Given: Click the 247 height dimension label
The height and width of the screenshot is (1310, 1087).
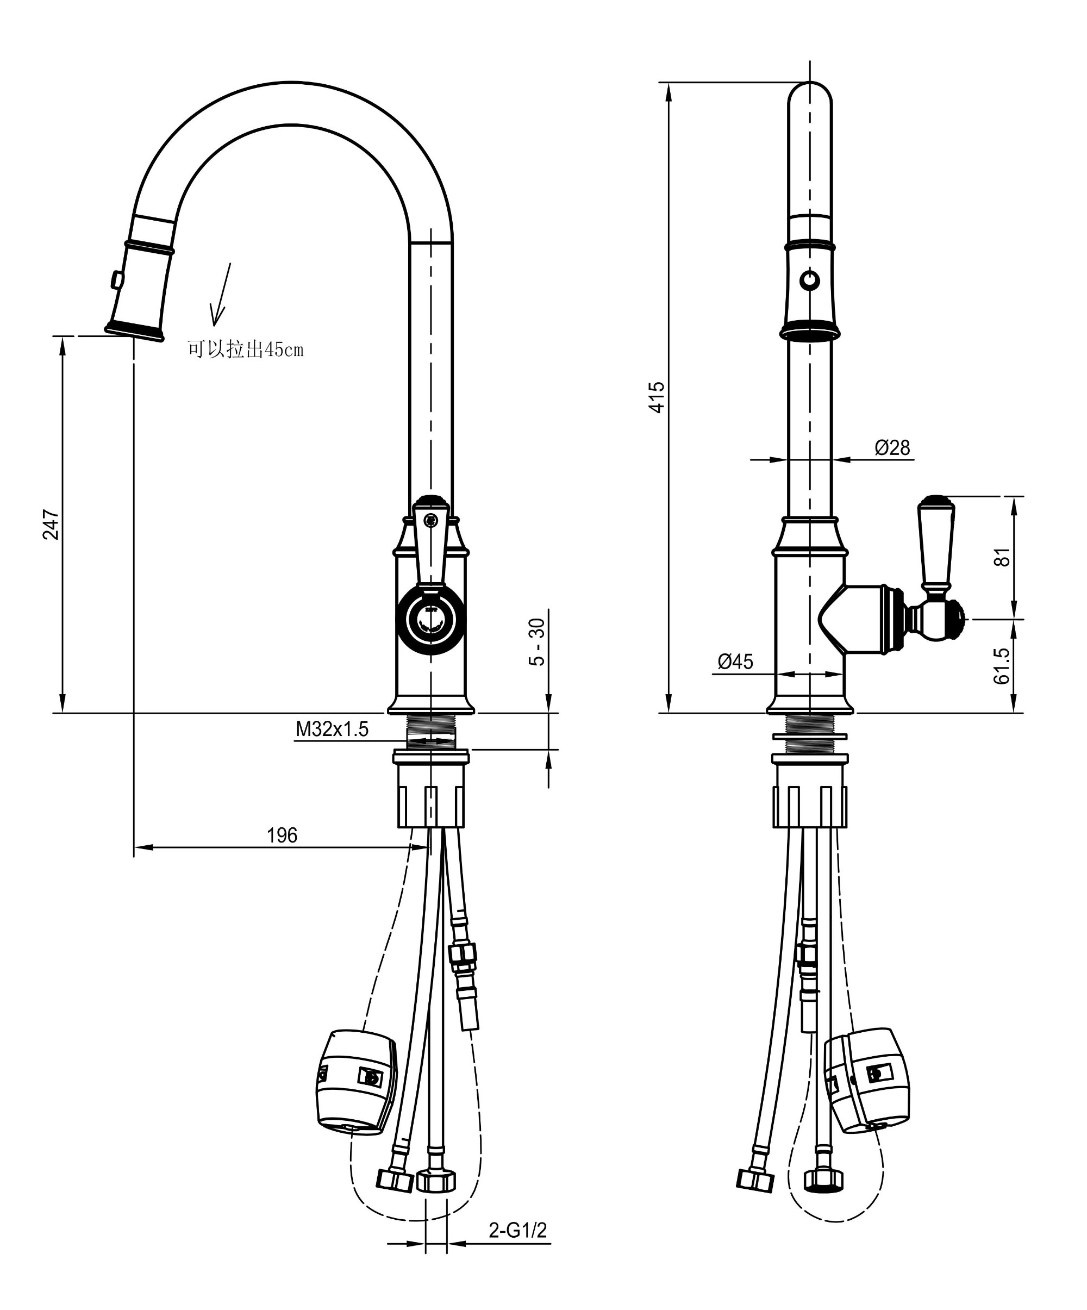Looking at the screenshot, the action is (51, 525).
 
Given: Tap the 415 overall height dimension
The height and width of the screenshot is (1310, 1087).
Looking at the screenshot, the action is (657, 397).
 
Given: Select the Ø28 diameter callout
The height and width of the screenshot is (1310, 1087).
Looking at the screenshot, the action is (892, 447).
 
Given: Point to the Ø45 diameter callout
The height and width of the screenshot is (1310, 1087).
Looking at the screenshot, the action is (735, 661).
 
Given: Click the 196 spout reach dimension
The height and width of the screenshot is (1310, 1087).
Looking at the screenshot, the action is (282, 835).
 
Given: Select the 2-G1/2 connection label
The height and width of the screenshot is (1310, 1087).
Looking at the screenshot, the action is (517, 1230).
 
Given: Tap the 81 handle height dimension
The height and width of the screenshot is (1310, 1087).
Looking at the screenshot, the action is (1002, 557).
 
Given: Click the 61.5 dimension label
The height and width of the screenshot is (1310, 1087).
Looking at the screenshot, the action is (1002, 666).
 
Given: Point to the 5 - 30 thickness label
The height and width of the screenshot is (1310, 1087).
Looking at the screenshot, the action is (536, 642).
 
